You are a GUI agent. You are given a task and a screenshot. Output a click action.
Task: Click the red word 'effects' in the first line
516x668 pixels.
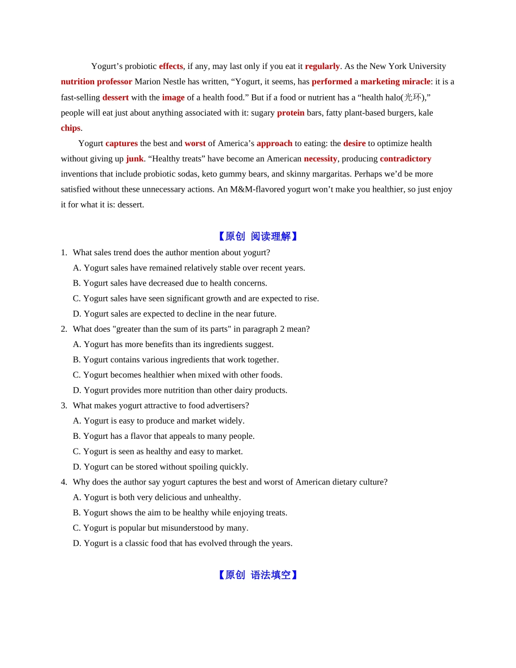tap(171, 66)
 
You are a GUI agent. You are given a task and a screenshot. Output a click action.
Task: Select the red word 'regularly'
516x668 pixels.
tap(322, 66)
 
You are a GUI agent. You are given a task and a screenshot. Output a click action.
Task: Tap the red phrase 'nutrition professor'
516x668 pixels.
tap(96, 81)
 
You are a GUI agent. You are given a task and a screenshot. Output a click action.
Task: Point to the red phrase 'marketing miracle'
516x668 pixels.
tap(395, 81)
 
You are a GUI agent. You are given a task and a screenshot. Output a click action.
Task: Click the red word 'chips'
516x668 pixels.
tap(71, 128)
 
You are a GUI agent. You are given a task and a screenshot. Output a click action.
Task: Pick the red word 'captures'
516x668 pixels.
tap(122, 143)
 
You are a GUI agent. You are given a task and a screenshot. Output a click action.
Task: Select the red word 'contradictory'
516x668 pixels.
tap(405, 159)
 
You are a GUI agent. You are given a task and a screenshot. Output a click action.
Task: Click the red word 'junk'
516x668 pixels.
tap(135, 159)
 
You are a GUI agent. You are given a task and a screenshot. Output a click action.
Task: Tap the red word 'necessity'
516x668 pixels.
tap(320, 159)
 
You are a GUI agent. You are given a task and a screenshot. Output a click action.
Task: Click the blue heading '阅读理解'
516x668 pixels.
tap(270, 236)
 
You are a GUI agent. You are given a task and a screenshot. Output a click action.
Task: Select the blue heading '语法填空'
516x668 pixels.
tap(270, 575)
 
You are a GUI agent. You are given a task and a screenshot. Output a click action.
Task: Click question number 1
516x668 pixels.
tap(64, 253)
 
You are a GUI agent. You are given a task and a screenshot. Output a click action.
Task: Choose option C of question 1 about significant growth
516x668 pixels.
tap(196, 298)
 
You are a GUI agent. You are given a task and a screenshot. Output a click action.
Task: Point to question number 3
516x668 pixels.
tap(64, 405)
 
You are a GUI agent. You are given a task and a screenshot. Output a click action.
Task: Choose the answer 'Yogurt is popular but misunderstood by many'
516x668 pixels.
tap(160, 528)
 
